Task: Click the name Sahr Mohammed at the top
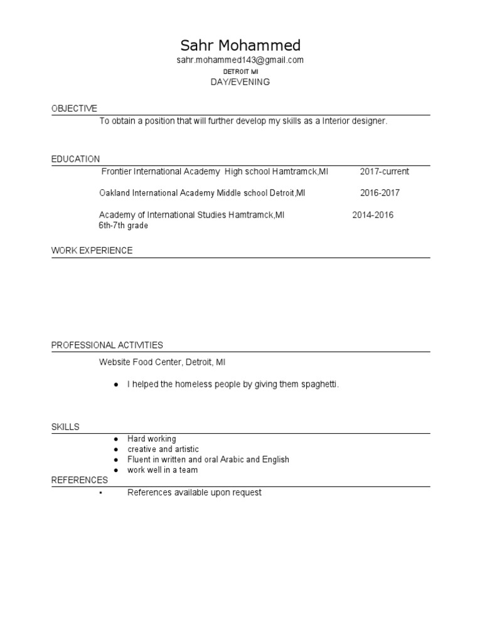[240, 45]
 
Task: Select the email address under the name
[240, 60]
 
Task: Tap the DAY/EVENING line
[240, 82]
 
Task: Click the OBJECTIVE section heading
[74, 109]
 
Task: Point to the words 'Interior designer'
[355, 121]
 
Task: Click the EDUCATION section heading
[75, 159]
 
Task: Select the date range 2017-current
[384, 171]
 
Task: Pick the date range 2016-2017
[380, 193]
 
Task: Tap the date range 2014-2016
[373, 215]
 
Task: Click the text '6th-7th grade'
[124, 226]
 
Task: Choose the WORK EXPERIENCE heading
[92, 251]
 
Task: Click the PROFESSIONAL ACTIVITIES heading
[107, 345]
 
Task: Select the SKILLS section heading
[65, 427]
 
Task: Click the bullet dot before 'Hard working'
[116, 439]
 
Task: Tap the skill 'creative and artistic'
[163, 450]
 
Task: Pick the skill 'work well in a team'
[163, 470]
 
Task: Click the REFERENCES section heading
[79, 480]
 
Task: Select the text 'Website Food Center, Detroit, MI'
[162, 362]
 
